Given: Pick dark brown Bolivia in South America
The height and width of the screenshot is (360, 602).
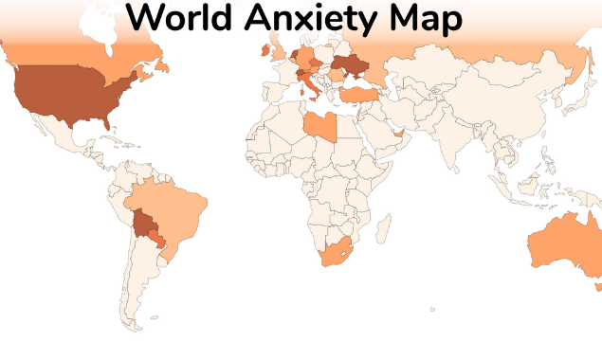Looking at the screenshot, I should (x=145, y=225).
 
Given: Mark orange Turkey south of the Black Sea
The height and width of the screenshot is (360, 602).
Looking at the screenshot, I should (x=361, y=94).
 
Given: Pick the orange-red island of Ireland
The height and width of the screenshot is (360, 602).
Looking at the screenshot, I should (x=263, y=52).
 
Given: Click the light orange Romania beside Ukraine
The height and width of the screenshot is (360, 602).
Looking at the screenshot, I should (x=336, y=76).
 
